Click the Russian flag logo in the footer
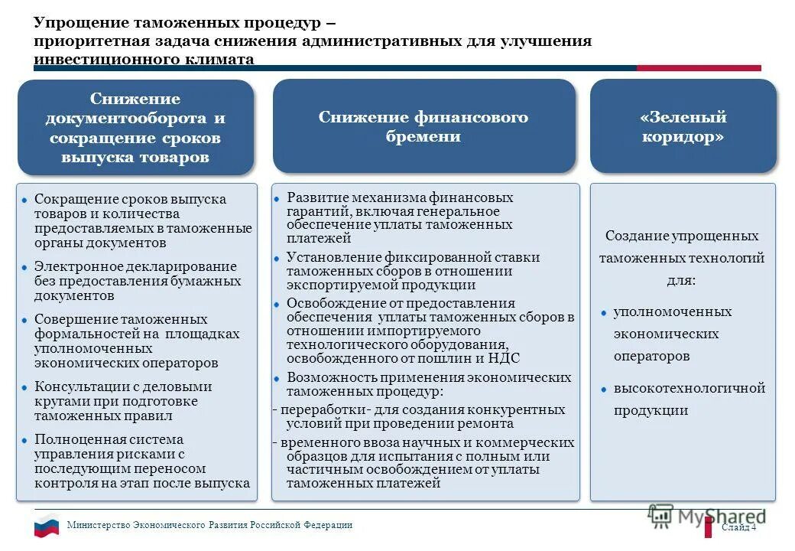click(x=46, y=526)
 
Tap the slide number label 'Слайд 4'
click(x=738, y=527)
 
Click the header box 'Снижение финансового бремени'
click(x=423, y=126)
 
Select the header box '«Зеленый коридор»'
click(x=683, y=126)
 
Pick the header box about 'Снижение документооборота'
click(x=135, y=128)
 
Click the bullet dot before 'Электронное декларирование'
click(x=25, y=268)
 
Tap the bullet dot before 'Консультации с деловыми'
click(x=25, y=388)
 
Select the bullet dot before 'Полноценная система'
click(x=25, y=441)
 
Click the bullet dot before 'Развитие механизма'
click(x=278, y=199)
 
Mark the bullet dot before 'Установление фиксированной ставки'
click(x=278, y=259)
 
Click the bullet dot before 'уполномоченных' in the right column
click(x=604, y=313)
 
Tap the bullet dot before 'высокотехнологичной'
click(x=604, y=389)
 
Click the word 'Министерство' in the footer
click(x=99, y=525)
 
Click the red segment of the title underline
click(x=699, y=68)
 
